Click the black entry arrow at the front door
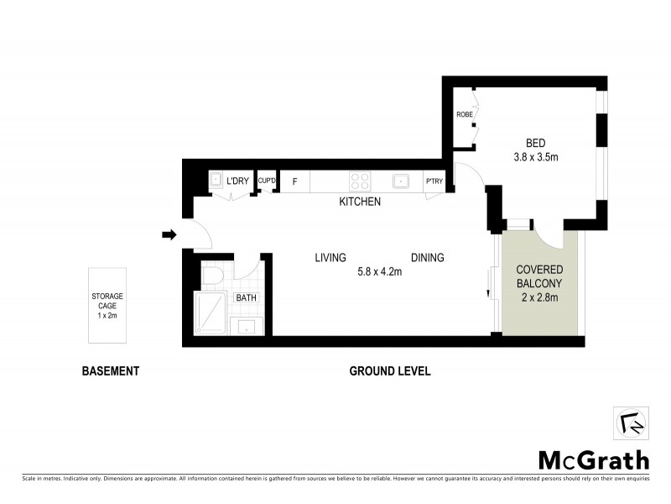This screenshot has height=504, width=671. (169, 234)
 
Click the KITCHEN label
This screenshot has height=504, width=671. (360, 202)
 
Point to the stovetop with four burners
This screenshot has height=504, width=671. (360, 181)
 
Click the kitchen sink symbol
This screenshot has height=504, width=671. (401, 181)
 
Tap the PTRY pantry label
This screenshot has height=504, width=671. (434, 181)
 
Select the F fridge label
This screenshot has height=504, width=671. (294, 181)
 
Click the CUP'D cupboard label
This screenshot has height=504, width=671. (267, 181)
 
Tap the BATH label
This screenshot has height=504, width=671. (246, 297)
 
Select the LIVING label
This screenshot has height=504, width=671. (331, 258)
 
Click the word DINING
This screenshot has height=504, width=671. (427, 258)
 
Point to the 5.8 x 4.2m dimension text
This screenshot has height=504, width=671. (381, 271)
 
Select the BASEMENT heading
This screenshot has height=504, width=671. (109, 370)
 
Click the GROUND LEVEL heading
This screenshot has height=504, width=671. (389, 370)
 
